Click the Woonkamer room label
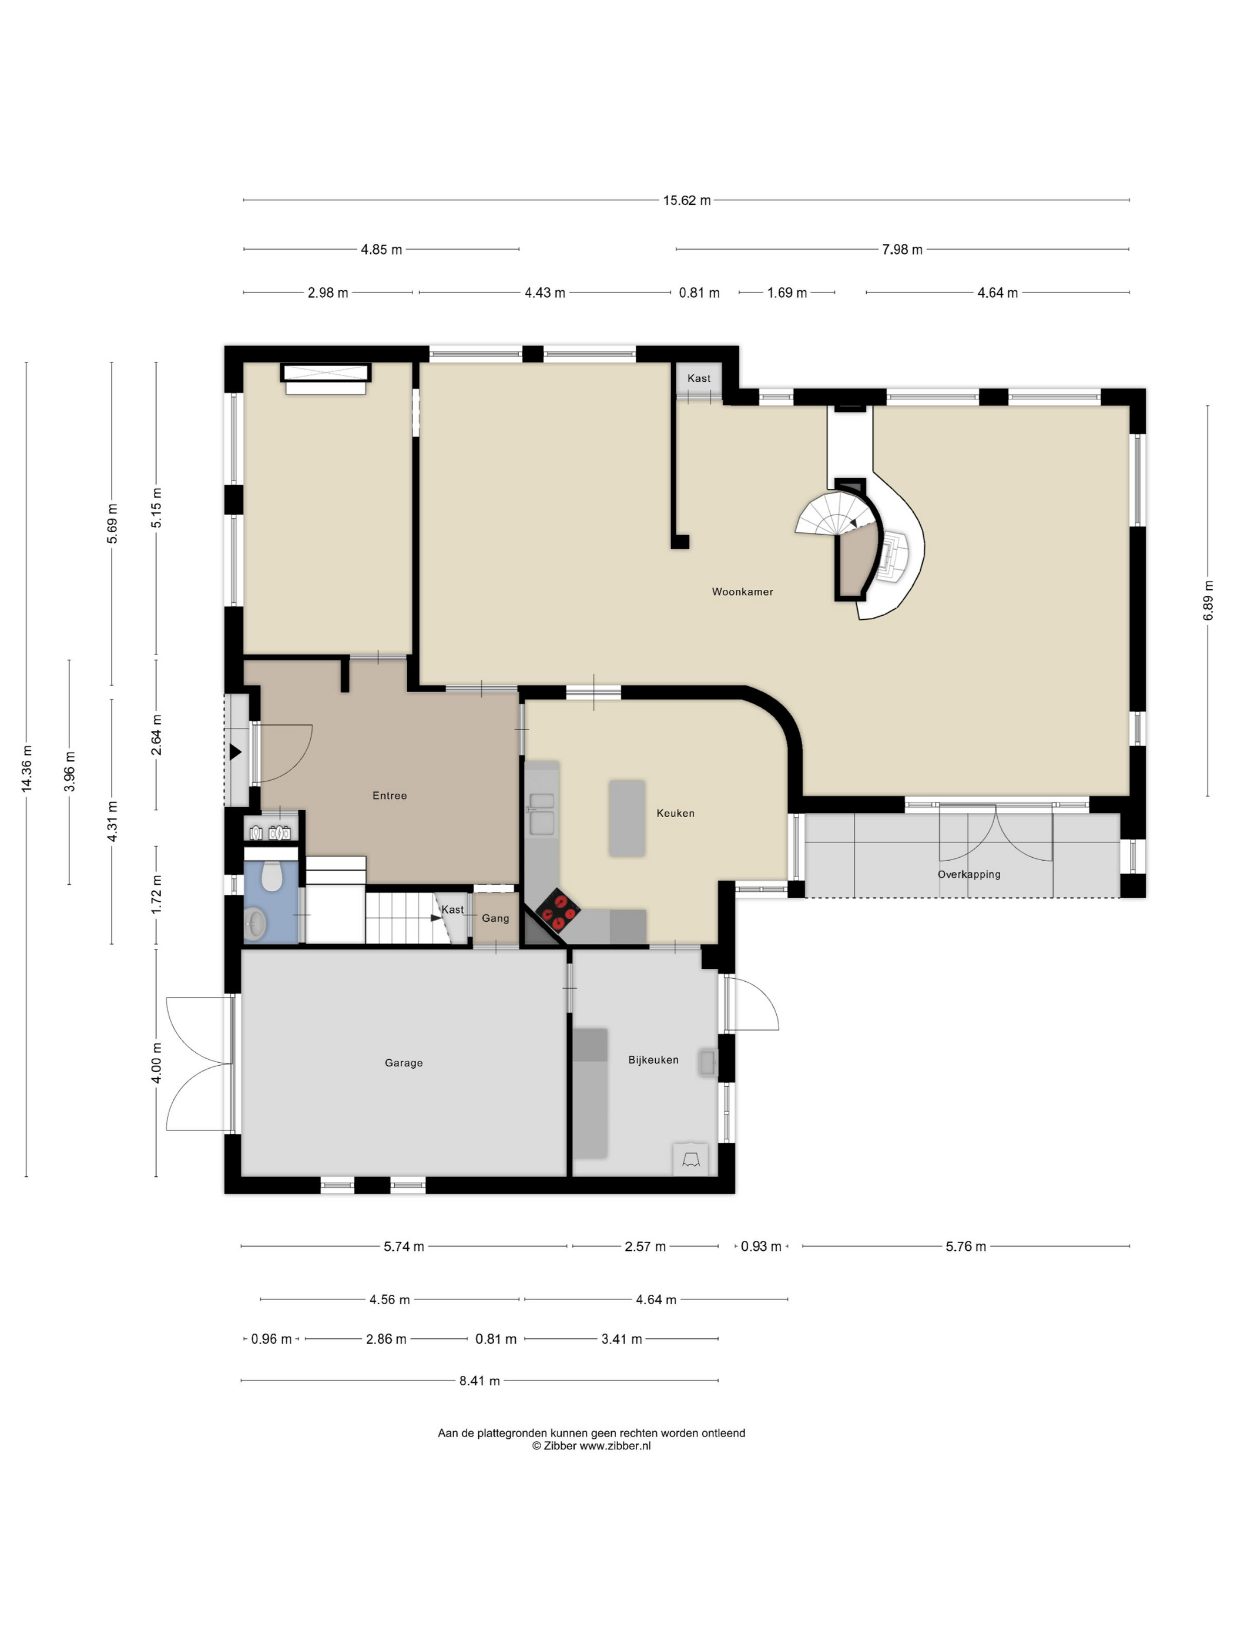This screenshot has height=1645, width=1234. [742, 592]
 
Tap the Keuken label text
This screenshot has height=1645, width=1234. [675, 813]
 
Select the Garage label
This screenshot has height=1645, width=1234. [403, 1063]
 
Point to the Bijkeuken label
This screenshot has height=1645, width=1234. [652, 1060]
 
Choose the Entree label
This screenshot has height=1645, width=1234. [389, 795]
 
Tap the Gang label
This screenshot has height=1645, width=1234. [495, 918]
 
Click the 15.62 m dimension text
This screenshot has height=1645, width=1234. [686, 200]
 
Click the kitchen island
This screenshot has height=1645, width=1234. [626, 818]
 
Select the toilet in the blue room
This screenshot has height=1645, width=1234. [271, 877]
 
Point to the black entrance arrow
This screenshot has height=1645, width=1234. [235, 752]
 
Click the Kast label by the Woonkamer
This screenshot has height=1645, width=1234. [699, 378]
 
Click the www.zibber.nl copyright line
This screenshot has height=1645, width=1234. [591, 1446]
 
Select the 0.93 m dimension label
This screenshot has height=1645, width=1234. [760, 1247]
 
